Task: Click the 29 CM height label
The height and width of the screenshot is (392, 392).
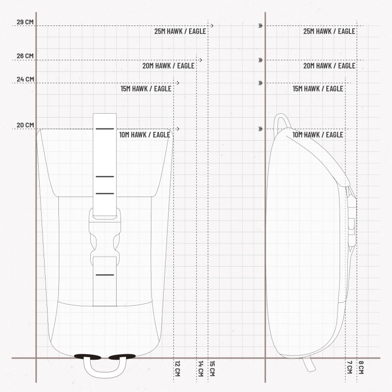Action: tap(25, 22)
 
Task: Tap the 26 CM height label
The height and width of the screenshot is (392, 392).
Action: tap(25, 56)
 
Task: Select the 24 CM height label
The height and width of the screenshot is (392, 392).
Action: tap(25, 79)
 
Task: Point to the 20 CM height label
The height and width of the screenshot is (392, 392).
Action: tap(25, 125)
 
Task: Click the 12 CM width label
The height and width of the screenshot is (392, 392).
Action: tap(177, 368)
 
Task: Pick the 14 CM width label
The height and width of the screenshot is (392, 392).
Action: tap(200, 368)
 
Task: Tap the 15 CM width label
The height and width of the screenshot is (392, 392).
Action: tap(212, 368)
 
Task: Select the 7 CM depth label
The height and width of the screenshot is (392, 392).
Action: tap(349, 367)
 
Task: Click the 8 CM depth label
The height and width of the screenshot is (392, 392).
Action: tap(361, 367)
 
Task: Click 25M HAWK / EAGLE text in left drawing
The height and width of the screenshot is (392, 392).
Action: tap(180, 31)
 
